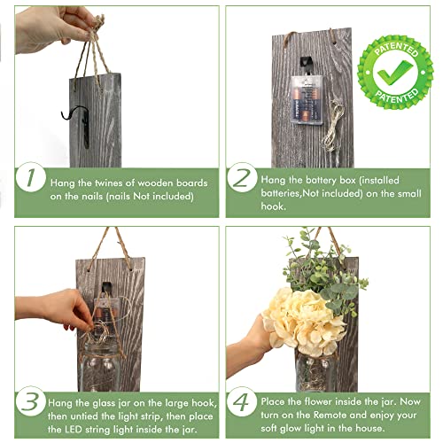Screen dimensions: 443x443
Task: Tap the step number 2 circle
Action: click(x=242, y=177)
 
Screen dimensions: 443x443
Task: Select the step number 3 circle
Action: click(x=30, y=400)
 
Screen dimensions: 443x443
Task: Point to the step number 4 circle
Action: click(x=242, y=401)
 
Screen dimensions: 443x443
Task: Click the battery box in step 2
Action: click(x=306, y=99)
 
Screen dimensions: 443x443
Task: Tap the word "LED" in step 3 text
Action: click(x=73, y=429)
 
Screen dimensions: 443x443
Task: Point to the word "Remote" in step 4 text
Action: click(x=330, y=415)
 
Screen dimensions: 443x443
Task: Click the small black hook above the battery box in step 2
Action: click(x=307, y=66)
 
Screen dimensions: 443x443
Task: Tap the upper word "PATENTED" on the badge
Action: click(x=396, y=49)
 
